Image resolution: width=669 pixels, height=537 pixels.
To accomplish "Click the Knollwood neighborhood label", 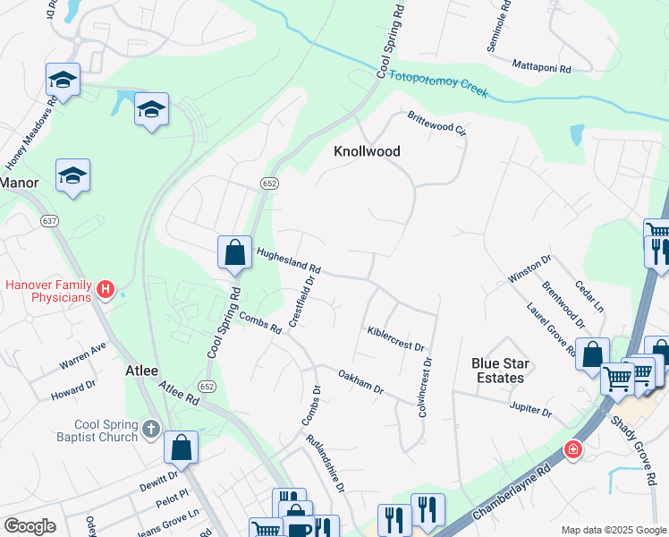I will coord(367,151).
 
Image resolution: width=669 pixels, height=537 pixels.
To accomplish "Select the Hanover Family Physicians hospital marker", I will coord(106,289).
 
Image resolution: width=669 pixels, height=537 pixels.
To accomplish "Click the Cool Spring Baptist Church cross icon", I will coord(151,430).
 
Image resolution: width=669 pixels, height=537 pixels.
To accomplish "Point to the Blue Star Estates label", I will coord(500,371).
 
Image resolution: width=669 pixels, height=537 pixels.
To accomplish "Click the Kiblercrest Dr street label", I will coord(394,337).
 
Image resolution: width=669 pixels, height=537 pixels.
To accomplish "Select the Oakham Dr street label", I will coord(360,382).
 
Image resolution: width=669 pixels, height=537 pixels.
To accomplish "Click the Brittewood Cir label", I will coord(437,124).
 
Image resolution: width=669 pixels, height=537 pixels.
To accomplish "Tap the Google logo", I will coord(30,526).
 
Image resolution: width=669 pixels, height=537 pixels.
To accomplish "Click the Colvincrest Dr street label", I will coord(425,388).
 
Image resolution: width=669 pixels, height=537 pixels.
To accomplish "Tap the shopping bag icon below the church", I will coord(181,447).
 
